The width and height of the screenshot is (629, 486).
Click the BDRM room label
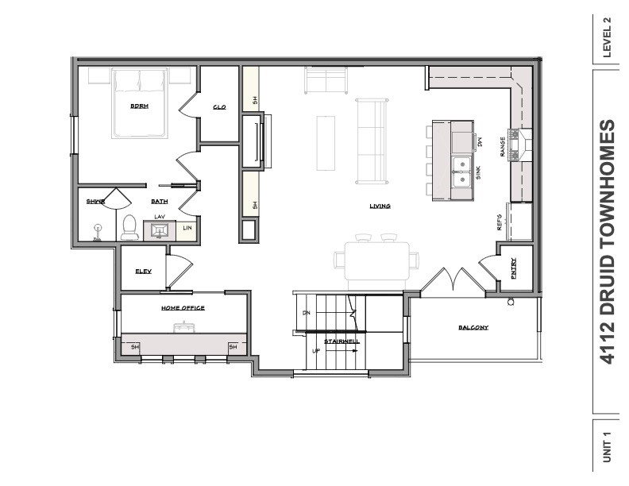tap(139, 106)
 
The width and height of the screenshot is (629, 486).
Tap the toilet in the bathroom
tap(129, 227)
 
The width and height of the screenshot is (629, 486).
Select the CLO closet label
tap(219, 107)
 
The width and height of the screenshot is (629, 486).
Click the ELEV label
tap(143, 272)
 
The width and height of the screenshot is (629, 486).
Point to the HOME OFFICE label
tap(183, 308)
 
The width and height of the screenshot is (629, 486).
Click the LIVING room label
tap(380, 206)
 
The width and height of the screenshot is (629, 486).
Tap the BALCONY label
tap(473, 328)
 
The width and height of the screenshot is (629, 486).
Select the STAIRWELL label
tap(342, 341)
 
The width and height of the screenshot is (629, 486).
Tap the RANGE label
tap(503, 146)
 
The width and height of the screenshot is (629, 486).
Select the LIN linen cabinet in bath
tap(187, 228)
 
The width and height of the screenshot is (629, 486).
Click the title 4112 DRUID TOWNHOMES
tap(608, 241)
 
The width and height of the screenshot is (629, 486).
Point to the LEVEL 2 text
tap(608, 38)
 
